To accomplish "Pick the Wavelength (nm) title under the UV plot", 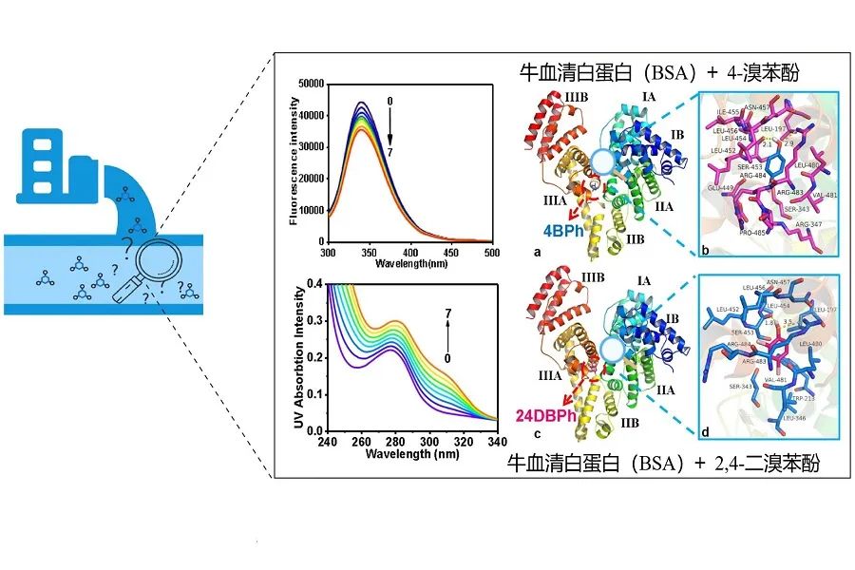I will click(x=399, y=454).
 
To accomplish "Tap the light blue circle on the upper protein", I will click(x=599, y=162).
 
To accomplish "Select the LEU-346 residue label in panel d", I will click(x=792, y=417).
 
